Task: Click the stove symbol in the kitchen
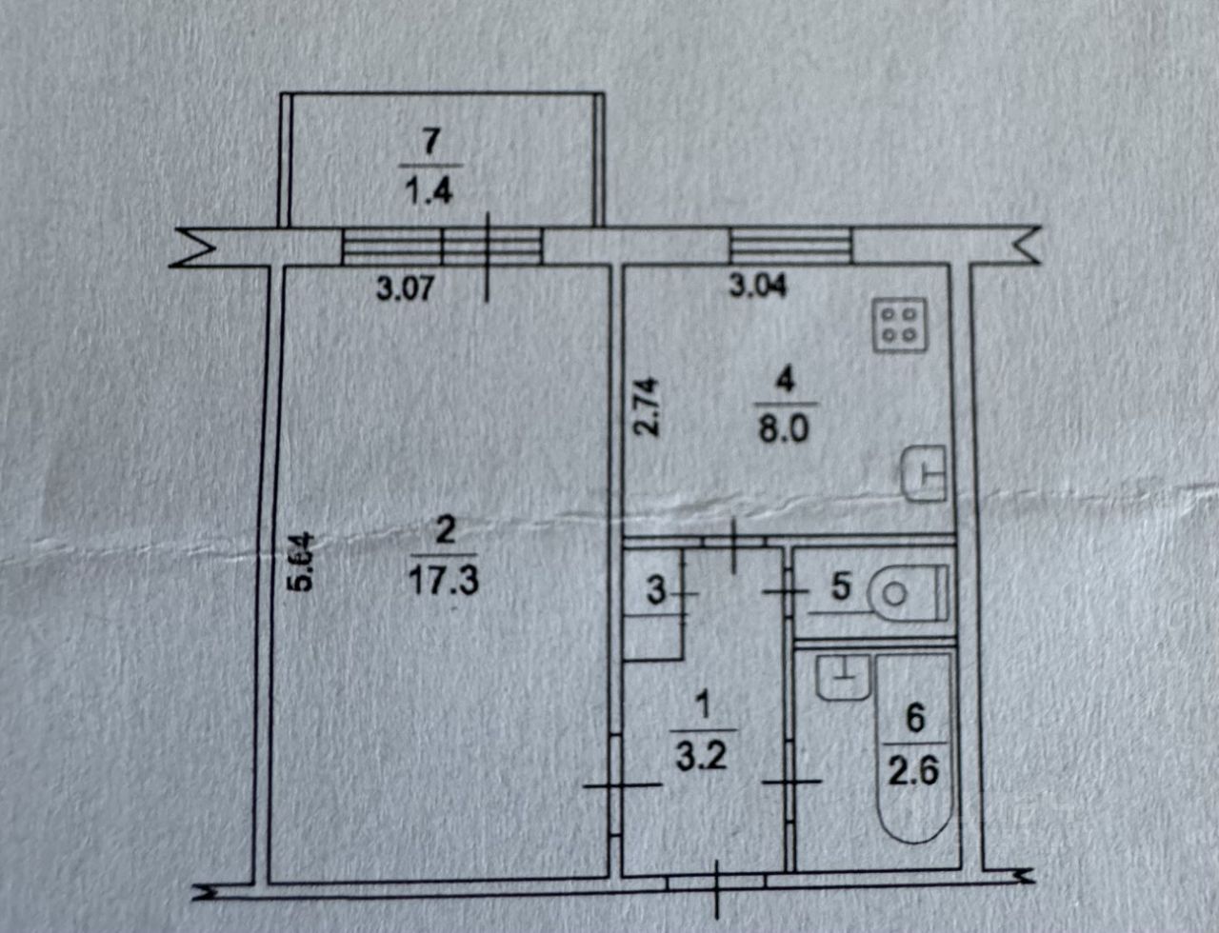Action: click(900, 325)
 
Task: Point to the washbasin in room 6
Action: click(842, 678)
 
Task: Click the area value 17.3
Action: click(444, 580)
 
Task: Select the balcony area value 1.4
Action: click(430, 190)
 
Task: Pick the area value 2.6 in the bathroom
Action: click(914, 768)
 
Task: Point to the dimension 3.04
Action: click(758, 285)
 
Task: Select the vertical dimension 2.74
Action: click(648, 407)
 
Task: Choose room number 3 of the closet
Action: click(655, 591)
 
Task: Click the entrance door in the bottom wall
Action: click(715, 883)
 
